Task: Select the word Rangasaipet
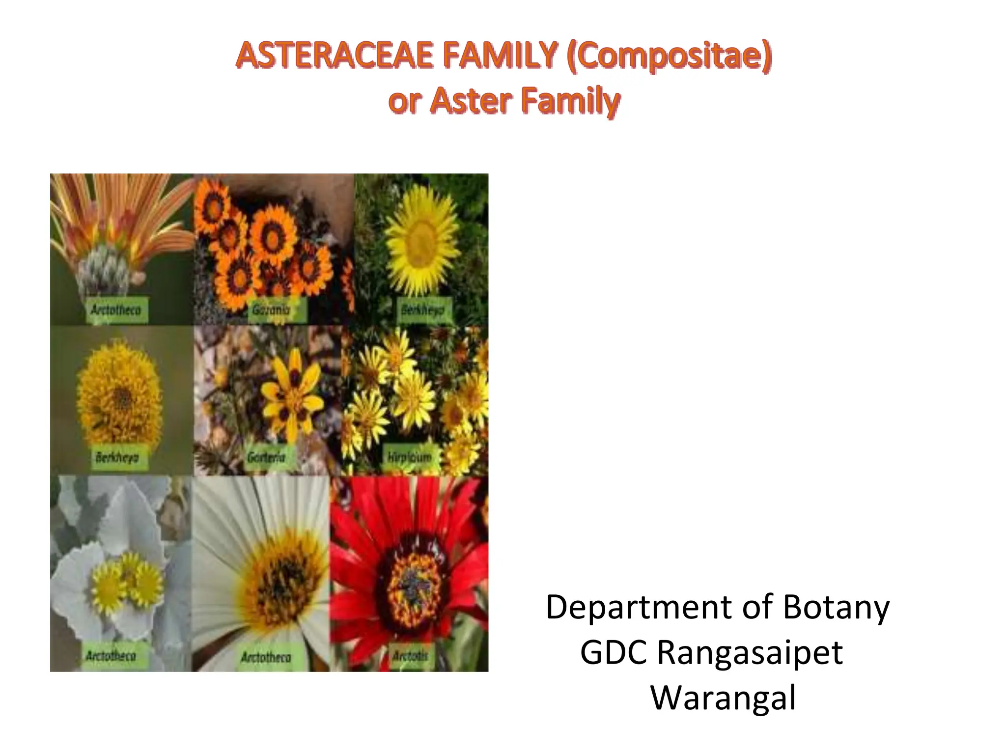click(x=750, y=653)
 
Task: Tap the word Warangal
click(x=723, y=698)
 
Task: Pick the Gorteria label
click(x=266, y=457)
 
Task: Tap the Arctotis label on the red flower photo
click(x=410, y=656)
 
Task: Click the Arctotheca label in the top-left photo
click(x=116, y=310)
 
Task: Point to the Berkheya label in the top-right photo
click(x=422, y=310)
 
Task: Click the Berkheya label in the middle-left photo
click(x=117, y=457)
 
